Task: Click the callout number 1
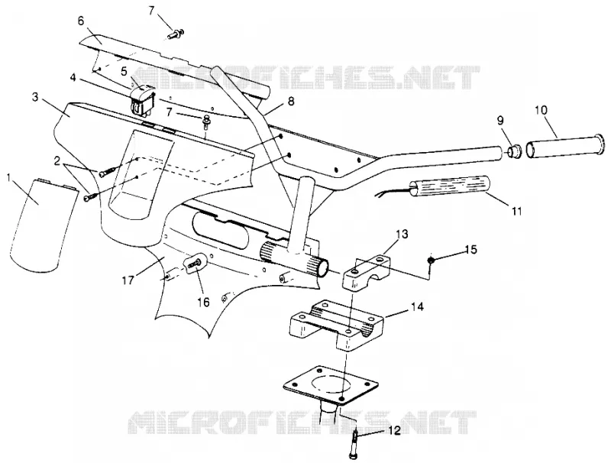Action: click(9, 178)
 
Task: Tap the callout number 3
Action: click(35, 97)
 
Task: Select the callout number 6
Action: click(81, 21)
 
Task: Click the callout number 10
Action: click(541, 110)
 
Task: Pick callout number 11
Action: click(516, 211)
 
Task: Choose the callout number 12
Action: click(394, 431)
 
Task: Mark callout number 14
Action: click(416, 306)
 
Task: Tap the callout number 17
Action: click(128, 280)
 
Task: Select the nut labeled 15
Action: click(431, 260)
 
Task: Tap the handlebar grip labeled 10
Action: click(566, 146)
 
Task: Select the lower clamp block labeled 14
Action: click(337, 325)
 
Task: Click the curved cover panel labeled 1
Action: click(42, 225)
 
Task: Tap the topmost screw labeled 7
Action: click(176, 34)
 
